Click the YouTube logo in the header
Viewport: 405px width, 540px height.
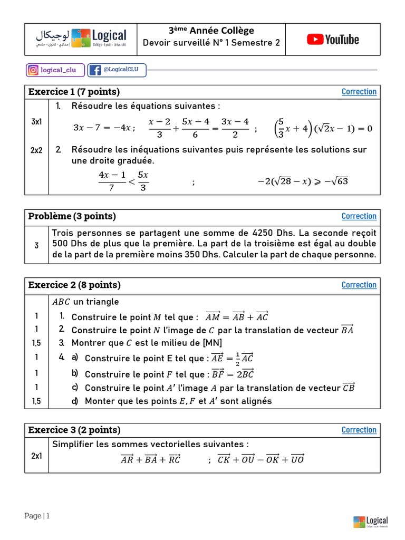click(x=333, y=40)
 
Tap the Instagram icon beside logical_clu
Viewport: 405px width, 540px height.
click(x=33, y=70)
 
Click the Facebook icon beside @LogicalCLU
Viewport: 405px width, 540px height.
click(x=95, y=70)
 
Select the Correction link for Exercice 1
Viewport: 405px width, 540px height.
click(x=359, y=92)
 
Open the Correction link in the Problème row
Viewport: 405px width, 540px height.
click(x=359, y=216)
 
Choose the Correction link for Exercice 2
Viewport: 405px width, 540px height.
click(x=359, y=285)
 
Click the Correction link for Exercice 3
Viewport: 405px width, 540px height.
click(x=359, y=430)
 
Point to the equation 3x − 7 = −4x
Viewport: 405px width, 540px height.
click(x=104, y=128)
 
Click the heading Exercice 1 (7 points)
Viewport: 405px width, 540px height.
click(x=74, y=92)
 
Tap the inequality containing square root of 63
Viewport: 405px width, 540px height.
click(x=303, y=181)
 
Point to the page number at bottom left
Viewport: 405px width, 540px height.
click(x=37, y=516)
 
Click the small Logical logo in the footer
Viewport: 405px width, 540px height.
click(x=370, y=522)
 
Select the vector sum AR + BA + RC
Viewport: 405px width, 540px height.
click(x=150, y=459)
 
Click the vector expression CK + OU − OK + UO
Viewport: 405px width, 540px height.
click(x=261, y=459)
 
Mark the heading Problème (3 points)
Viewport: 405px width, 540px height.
click(x=72, y=216)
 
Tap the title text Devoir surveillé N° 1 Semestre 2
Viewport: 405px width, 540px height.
click(x=211, y=43)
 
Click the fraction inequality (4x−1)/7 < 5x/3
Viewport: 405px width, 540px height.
click(x=123, y=181)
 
